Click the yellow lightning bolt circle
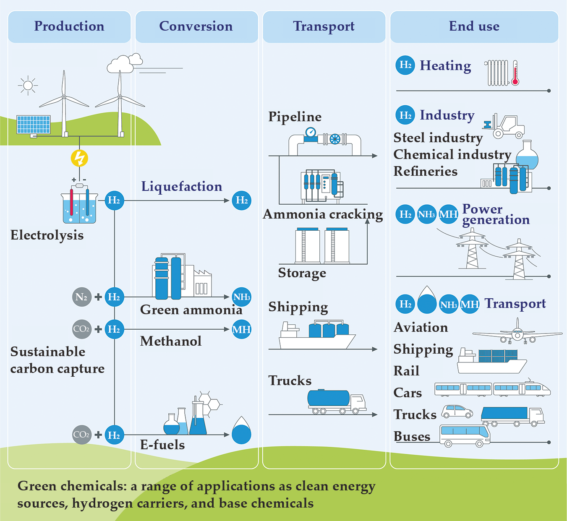coord(79,159)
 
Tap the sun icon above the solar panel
coord(28,86)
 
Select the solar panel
coord(34,125)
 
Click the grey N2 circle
coord(81,297)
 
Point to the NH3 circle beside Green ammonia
coord(242,297)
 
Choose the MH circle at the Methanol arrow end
coord(242,329)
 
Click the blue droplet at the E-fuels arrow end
coord(241,432)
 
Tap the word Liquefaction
coord(181,186)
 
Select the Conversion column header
coord(196,26)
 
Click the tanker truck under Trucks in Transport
coord(336,402)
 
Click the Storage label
coord(302,273)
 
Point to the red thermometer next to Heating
coord(515,73)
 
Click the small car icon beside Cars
coord(457,411)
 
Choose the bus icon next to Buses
coord(465,435)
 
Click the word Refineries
coord(425,172)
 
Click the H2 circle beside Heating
coord(405,65)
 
